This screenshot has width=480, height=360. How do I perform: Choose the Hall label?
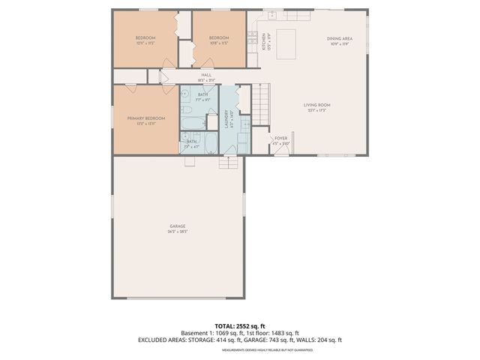point(205,76)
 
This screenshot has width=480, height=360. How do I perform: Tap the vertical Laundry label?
point(227,120)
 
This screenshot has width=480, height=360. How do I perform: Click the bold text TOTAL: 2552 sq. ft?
point(239,325)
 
